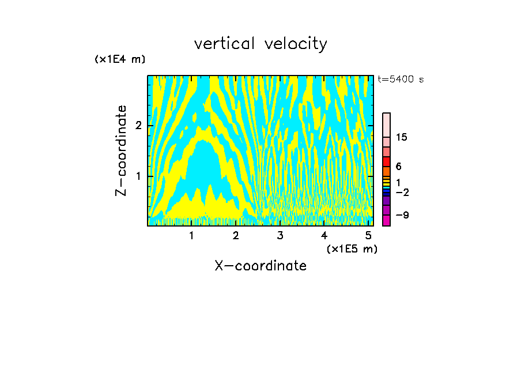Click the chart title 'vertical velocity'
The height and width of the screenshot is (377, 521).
coord(260,44)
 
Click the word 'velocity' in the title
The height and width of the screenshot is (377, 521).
coord(295,44)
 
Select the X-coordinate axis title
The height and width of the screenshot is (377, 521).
coord(260,266)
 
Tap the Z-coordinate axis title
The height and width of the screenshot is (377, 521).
coord(121,150)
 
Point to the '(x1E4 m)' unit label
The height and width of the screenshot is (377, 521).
coord(120,59)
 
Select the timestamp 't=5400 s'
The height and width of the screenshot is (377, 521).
coord(401,79)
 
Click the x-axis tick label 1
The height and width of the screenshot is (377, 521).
coord(191,236)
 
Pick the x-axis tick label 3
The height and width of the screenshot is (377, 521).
coord(280,236)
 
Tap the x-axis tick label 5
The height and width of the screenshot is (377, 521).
coord(369,236)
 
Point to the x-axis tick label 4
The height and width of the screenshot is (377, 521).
coord(324,236)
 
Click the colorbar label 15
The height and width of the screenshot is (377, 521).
coord(402,137)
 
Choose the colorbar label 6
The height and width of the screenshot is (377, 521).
coord(398,167)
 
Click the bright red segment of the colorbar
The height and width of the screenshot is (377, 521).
coord(386,161)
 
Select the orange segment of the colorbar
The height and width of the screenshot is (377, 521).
coord(386,171)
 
